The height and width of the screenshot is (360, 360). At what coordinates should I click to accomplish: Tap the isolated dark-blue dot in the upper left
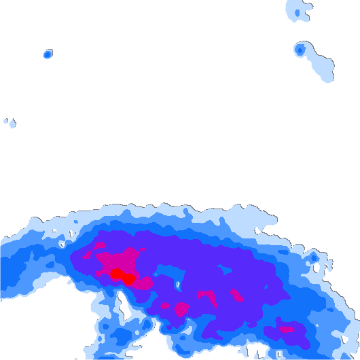[48, 54]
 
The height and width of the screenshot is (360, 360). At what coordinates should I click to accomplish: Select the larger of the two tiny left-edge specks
[12, 124]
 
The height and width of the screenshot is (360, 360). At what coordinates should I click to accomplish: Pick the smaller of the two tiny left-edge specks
[5, 121]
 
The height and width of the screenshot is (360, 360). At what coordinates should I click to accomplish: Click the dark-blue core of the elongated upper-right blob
[300, 50]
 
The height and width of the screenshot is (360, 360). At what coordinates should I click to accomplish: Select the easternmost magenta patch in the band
[287, 329]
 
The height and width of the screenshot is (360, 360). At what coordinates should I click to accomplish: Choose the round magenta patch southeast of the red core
[181, 310]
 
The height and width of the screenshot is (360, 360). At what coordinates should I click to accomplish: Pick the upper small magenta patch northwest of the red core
[99, 245]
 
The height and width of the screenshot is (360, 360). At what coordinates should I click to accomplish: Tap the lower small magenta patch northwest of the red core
[87, 257]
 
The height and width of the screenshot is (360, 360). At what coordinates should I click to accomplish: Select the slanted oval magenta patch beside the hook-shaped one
[236, 295]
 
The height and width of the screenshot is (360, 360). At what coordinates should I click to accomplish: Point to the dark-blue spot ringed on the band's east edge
[314, 258]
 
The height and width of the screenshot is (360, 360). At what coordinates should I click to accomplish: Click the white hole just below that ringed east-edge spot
[317, 269]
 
